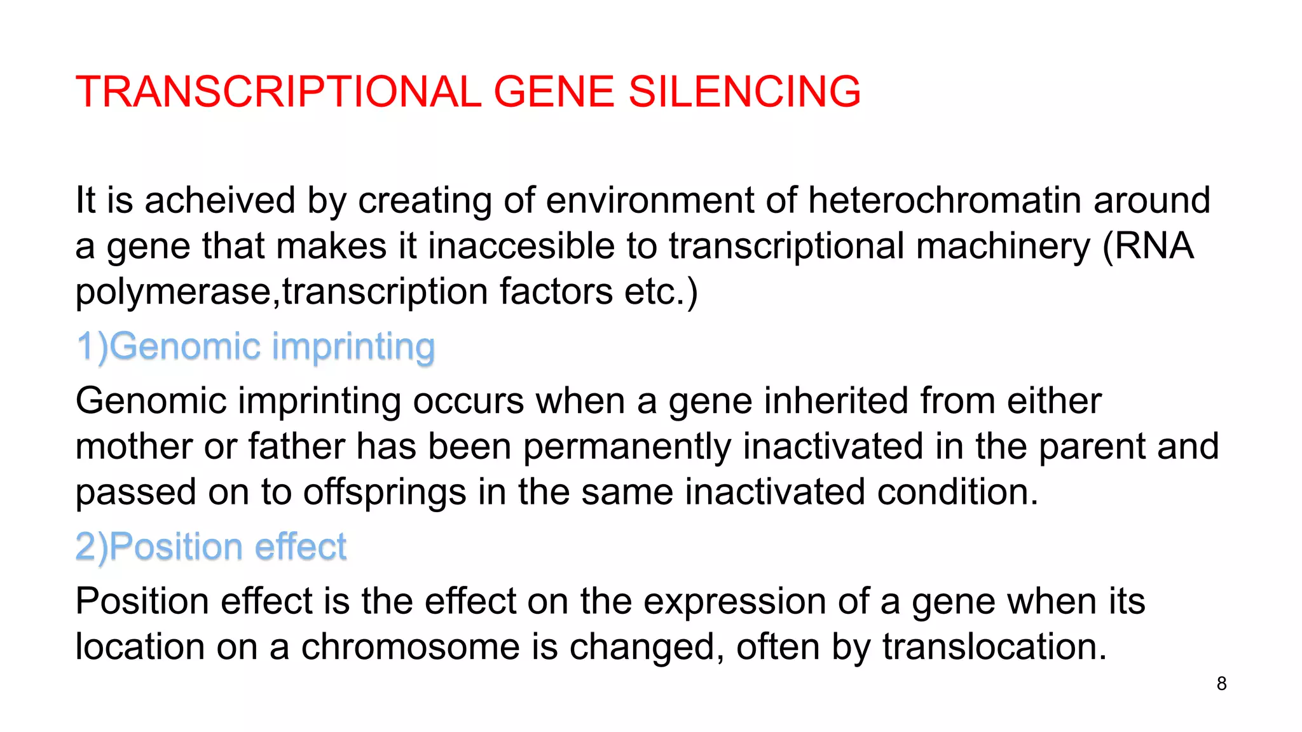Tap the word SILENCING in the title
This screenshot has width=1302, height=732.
coord(744,91)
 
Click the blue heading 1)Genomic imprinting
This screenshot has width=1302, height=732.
coord(256,347)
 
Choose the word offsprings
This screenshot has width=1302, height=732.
coord(384,492)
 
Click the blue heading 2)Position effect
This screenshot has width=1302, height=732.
coord(211,547)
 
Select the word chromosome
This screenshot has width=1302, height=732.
coord(411,647)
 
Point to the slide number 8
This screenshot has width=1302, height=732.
coord(1221,684)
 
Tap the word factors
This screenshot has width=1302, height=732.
coord(556,292)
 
